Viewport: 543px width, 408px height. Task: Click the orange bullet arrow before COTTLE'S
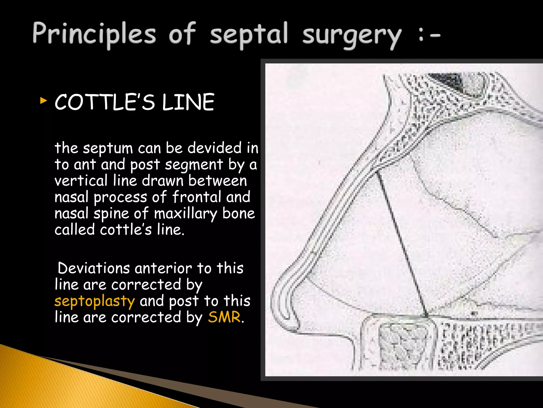(x=43, y=101)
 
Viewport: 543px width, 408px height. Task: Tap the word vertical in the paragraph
(x=81, y=181)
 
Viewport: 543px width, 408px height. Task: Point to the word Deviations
(x=94, y=268)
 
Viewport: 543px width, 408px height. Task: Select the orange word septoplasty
(x=95, y=301)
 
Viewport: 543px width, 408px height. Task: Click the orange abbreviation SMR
(x=224, y=317)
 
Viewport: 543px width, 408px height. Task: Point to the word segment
(x=194, y=165)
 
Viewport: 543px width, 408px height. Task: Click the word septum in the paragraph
(x=108, y=148)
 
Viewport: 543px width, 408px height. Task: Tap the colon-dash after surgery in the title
(x=429, y=36)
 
